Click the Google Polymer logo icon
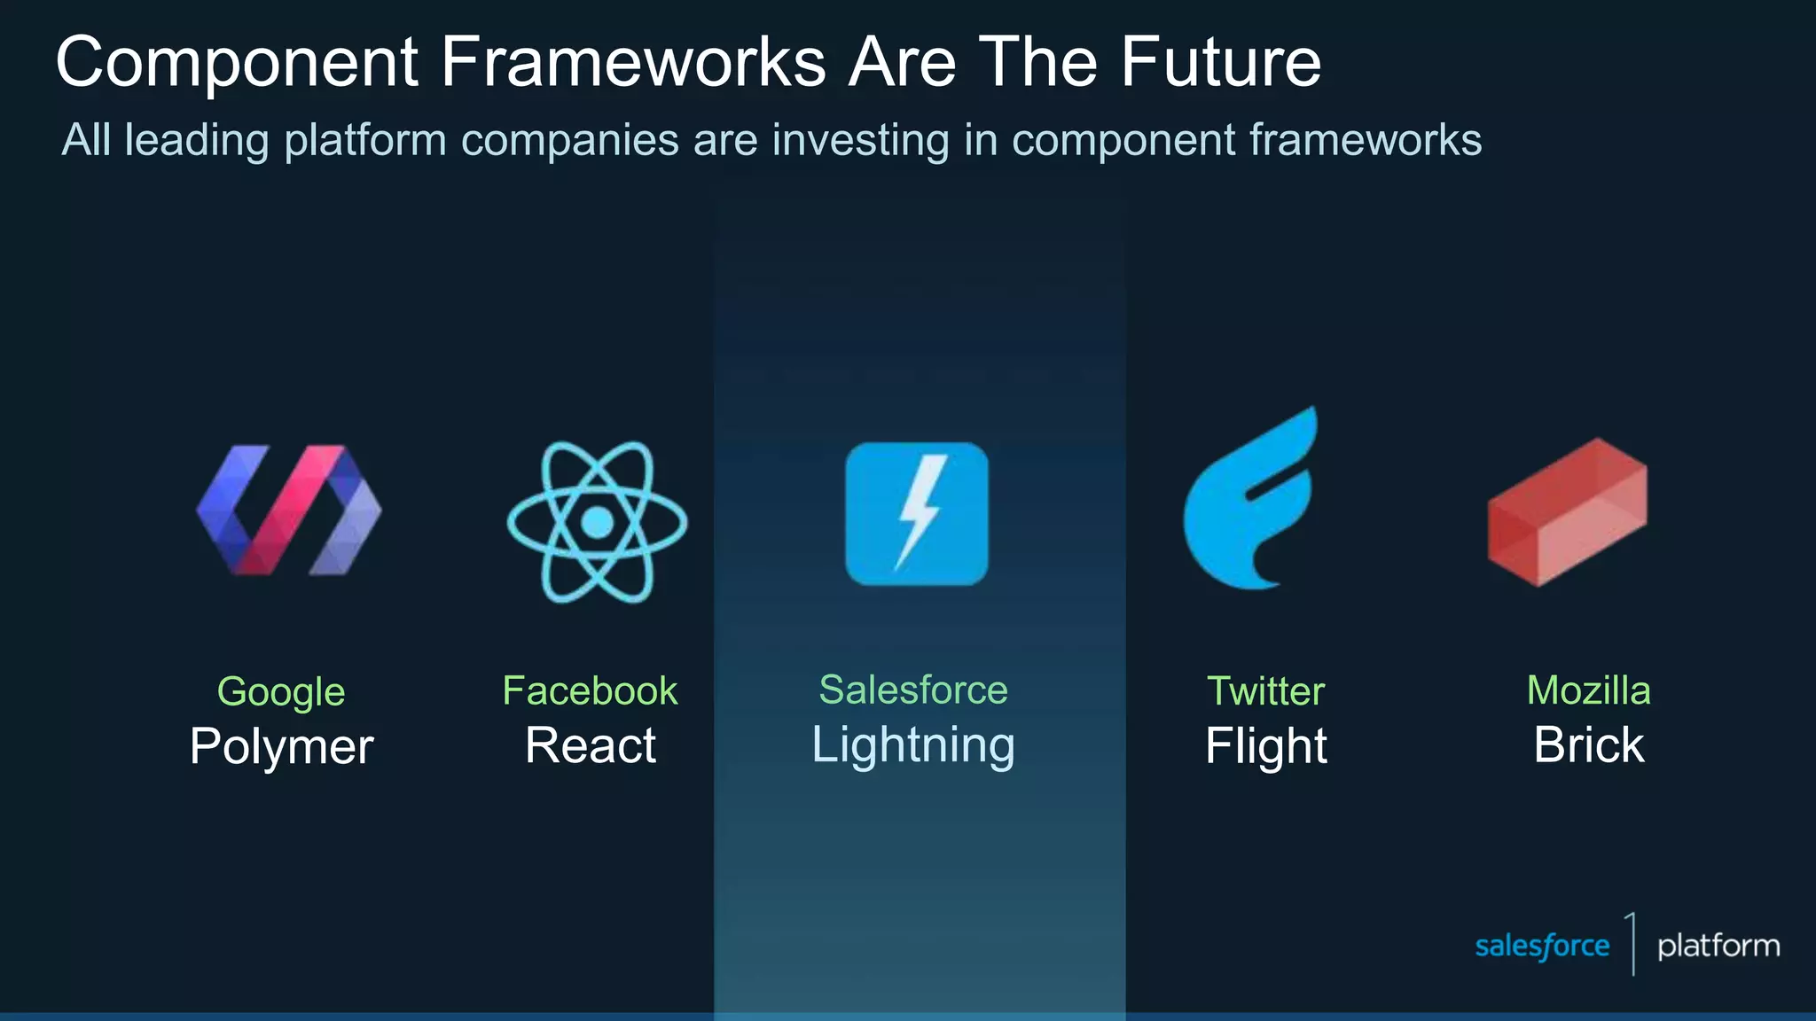point(288,510)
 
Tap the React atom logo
point(597,522)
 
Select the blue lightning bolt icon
point(917,514)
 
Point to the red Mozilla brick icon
point(1567,512)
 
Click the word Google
point(281,692)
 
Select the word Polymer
point(281,746)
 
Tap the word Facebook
point(590,690)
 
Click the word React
point(590,745)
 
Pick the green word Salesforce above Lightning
point(913,690)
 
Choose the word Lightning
point(913,744)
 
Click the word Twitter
point(1265,690)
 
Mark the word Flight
point(1265,746)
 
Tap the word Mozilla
point(1588,690)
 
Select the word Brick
point(1588,745)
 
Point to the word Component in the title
point(237,64)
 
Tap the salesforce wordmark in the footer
point(1542,946)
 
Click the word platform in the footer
point(1718,946)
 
